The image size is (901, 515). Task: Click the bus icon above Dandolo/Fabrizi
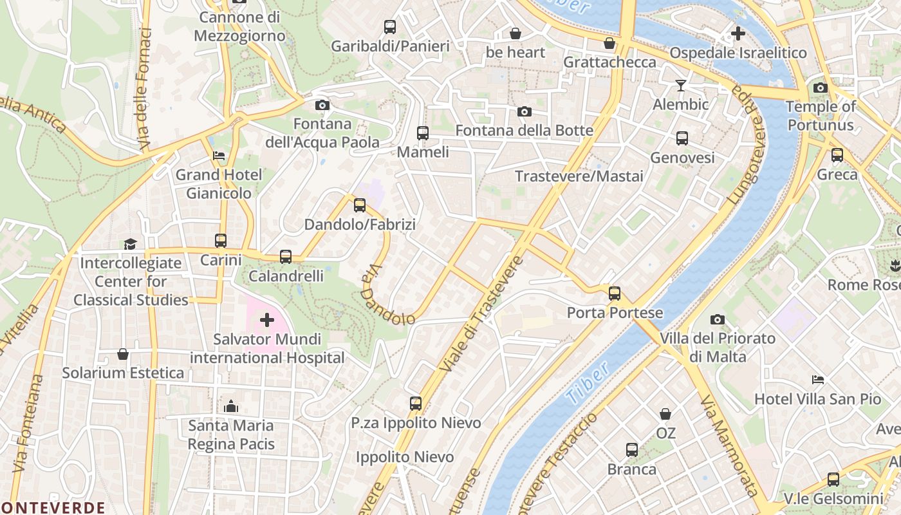pos(360,205)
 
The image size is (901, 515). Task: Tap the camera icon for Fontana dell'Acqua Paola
pos(322,105)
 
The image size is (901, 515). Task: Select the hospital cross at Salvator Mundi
pos(266,320)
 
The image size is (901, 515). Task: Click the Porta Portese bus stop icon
pos(615,294)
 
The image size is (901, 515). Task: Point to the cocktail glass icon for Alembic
pos(680,85)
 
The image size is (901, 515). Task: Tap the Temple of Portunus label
pos(821,116)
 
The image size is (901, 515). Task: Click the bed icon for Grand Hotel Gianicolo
pos(219,156)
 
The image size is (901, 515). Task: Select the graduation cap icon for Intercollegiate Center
pos(131,244)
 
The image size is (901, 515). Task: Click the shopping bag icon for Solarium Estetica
pos(123,354)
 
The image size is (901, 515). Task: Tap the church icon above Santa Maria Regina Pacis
pos(230,406)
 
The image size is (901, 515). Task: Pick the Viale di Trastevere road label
pos(481,315)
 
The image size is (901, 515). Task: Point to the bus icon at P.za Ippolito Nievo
pos(416,404)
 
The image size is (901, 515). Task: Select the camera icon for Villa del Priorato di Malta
pos(717,319)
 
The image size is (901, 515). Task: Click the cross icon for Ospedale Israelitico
pos(738,33)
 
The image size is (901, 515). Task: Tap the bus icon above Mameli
pos(422,133)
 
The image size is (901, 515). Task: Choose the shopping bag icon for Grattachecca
pos(609,43)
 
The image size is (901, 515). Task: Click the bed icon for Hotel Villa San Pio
pos(817,380)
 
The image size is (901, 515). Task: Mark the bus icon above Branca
pos(632,450)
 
